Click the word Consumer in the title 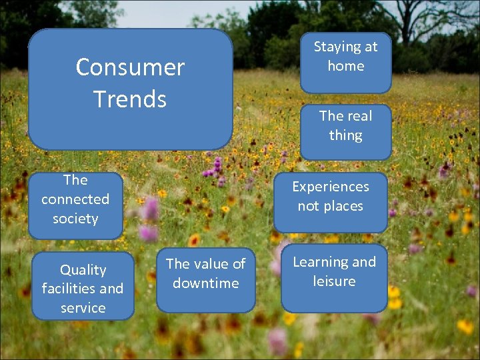(130, 67)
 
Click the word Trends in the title (130, 99)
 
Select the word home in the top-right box (345, 66)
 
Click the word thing (345, 135)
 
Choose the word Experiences (330, 187)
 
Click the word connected (75, 199)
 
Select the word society (75, 218)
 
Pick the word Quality (83, 270)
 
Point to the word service (83, 308)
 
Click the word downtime (205, 283)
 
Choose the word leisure (334, 281)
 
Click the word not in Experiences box (308, 206)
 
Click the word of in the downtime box (239, 264)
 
